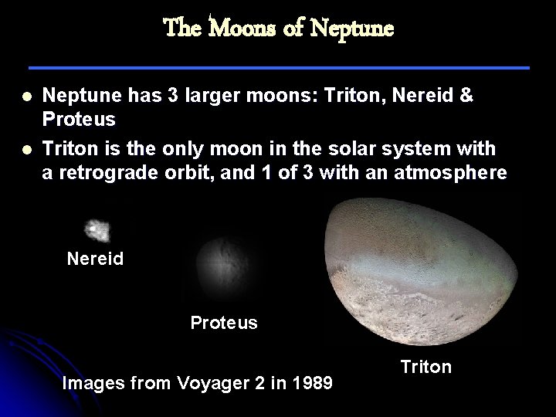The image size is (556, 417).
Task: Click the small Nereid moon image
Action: click(97, 230)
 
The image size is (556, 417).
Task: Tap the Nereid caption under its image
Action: click(95, 259)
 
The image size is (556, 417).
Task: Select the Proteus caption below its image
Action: click(224, 322)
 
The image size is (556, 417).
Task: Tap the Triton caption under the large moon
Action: click(425, 367)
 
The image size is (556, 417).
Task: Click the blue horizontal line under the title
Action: click(278, 68)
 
